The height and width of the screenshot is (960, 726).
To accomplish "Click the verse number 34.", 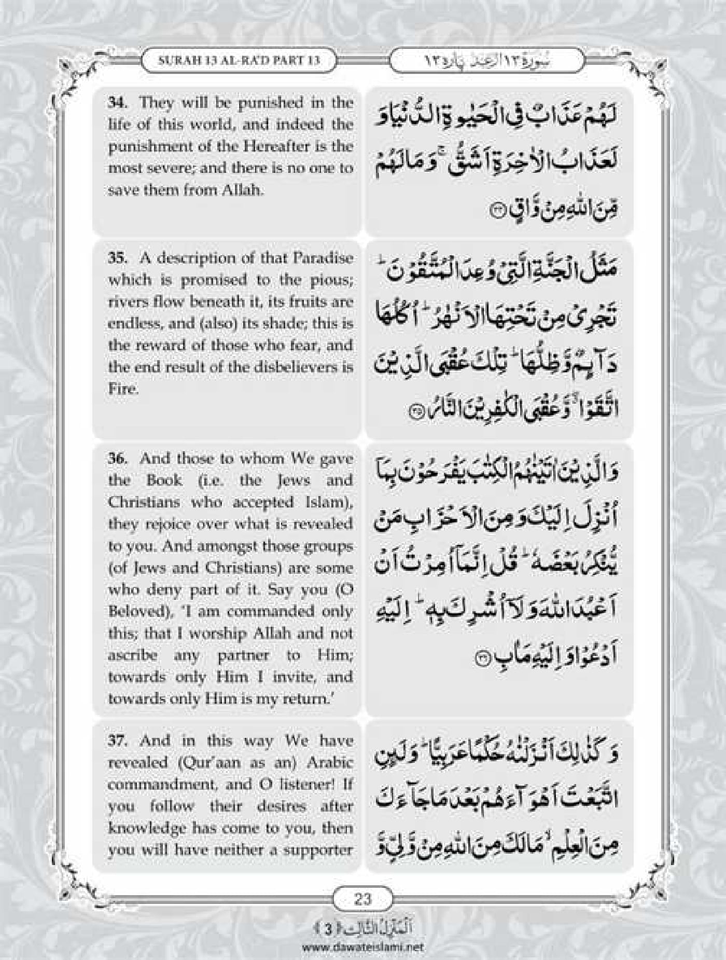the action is [x=115, y=102].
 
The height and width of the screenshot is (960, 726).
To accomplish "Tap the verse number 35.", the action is [x=116, y=258].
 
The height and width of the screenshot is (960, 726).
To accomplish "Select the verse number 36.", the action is [x=116, y=458].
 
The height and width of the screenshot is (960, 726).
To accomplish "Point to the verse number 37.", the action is [x=116, y=740].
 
